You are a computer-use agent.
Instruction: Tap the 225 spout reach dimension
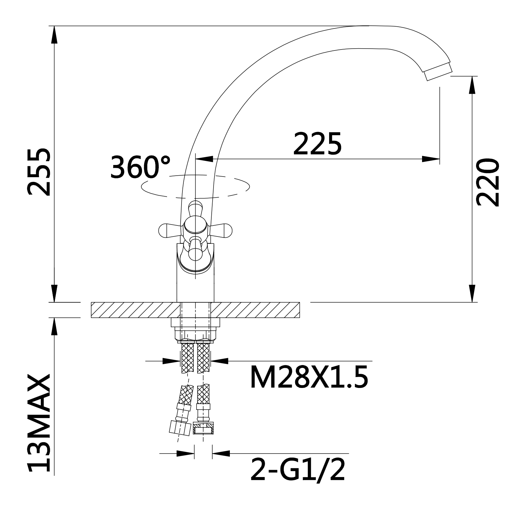click(x=317, y=144)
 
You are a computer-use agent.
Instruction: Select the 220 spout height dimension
click(x=488, y=182)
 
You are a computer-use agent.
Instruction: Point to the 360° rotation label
click(x=140, y=167)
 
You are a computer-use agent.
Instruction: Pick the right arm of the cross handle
click(x=220, y=230)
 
